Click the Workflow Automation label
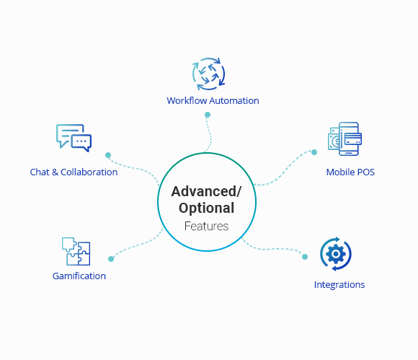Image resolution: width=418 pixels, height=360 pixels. [x=213, y=100]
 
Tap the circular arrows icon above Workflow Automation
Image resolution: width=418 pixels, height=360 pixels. [x=208, y=74]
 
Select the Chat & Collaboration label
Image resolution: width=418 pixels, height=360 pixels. [x=74, y=172]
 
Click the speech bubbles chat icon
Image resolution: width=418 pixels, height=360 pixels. [x=74, y=137]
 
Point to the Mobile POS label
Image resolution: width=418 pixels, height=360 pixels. [x=350, y=172]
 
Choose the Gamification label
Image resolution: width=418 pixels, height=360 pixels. [x=79, y=276]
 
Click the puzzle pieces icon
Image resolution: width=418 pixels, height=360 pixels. [x=76, y=252]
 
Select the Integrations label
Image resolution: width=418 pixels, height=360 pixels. [x=339, y=284]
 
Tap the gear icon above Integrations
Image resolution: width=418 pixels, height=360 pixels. [x=335, y=254]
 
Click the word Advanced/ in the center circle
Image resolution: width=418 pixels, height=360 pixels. [x=205, y=192]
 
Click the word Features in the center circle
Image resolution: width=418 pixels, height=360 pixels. [x=206, y=226]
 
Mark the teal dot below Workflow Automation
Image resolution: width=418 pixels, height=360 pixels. [x=208, y=115]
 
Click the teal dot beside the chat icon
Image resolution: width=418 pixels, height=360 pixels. [x=108, y=155]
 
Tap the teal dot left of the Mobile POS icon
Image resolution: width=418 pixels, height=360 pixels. [x=314, y=152]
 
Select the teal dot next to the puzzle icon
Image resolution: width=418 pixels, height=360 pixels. [x=111, y=258]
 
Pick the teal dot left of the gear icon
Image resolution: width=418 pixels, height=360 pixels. [x=304, y=256]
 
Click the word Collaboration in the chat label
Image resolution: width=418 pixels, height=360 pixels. [x=89, y=172]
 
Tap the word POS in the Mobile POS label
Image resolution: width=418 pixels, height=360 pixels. [x=365, y=172]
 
